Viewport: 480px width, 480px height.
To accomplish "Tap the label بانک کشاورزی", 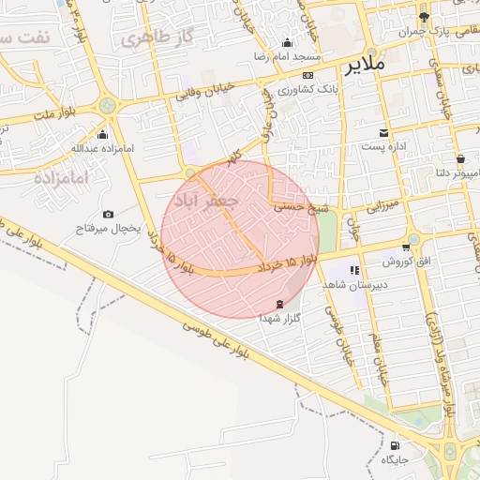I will click(x=307, y=89).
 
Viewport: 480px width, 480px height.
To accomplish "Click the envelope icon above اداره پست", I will click(x=383, y=132).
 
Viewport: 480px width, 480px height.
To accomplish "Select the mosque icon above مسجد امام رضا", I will click(x=287, y=43).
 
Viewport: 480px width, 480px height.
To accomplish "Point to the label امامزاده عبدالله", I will click(x=103, y=148).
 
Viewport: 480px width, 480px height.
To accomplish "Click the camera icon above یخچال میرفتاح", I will click(x=108, y=215).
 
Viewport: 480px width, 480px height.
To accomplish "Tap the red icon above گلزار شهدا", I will click(x=279, y=304).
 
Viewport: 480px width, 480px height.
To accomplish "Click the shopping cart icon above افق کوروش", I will click(x=406, y=247).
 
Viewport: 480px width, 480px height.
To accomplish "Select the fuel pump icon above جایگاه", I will click(x=395, y=446).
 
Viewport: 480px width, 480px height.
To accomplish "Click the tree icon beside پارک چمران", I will click(x=424, y=16).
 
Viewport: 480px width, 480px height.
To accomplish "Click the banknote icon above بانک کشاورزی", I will click(x=307, y=75).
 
